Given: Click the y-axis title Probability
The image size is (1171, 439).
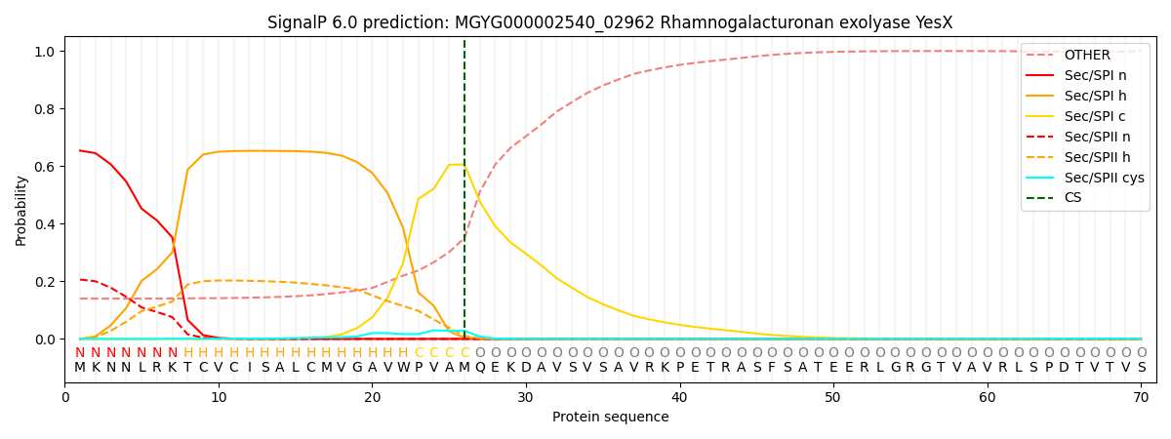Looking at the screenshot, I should (x=21, y=210).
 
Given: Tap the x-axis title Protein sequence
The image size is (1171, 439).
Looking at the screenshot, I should (x=610, y=418).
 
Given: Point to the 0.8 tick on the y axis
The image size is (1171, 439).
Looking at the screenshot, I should (x=43, y=109).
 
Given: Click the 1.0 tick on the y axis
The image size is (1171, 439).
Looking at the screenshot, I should (x=43, y=52).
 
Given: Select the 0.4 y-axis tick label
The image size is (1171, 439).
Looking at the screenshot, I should (x=43, y=224).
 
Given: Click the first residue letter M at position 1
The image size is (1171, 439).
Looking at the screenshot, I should (x=80, y=368).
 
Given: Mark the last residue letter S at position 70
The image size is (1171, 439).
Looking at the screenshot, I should (x=1141, y=368).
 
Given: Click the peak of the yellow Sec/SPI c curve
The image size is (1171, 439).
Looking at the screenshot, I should (x=456, y=164).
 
